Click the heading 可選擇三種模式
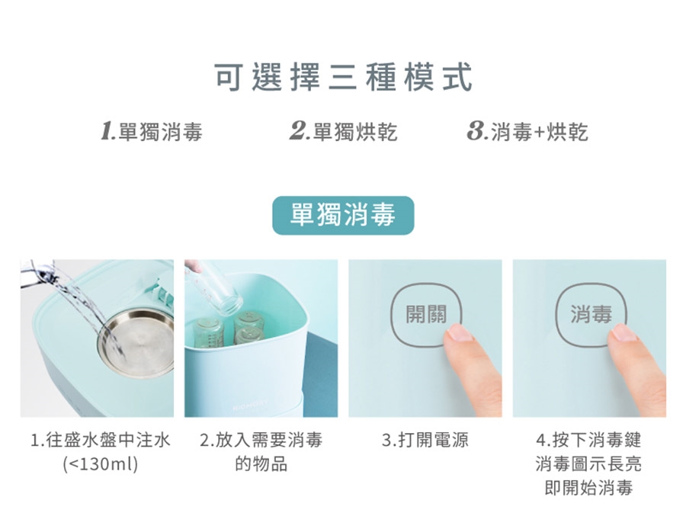tap(344, 78)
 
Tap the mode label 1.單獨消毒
tap(152, 131)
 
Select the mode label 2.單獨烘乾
tap(344, 131)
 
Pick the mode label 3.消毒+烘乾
tap(527, 131)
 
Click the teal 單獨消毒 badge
tap(343, 215)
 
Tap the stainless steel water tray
tap(136, 342)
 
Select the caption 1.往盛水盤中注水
tap(100, 440)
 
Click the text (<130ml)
tap(100, 463)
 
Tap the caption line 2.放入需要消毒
tap(261, 440)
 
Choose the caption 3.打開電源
tap(425, 440)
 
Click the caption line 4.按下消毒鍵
tap(589, 440)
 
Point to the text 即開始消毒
tap(589, 487)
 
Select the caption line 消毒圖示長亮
tap(589, 463)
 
